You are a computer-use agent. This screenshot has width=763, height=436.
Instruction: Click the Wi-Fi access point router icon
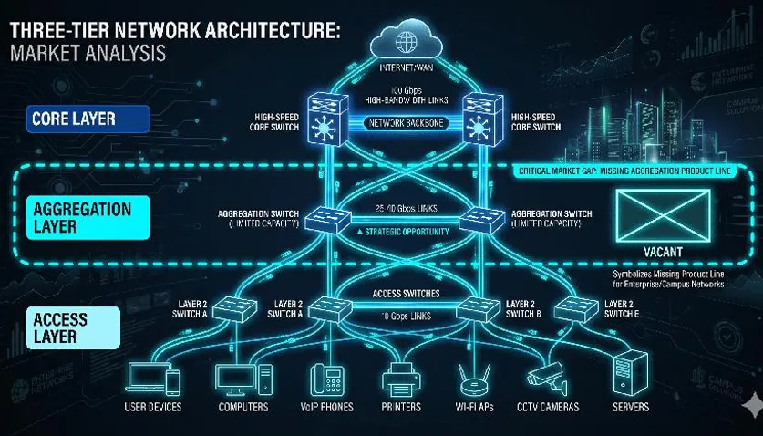(469, 375)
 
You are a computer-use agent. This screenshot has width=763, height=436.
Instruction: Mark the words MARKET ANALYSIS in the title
(88, 54)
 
